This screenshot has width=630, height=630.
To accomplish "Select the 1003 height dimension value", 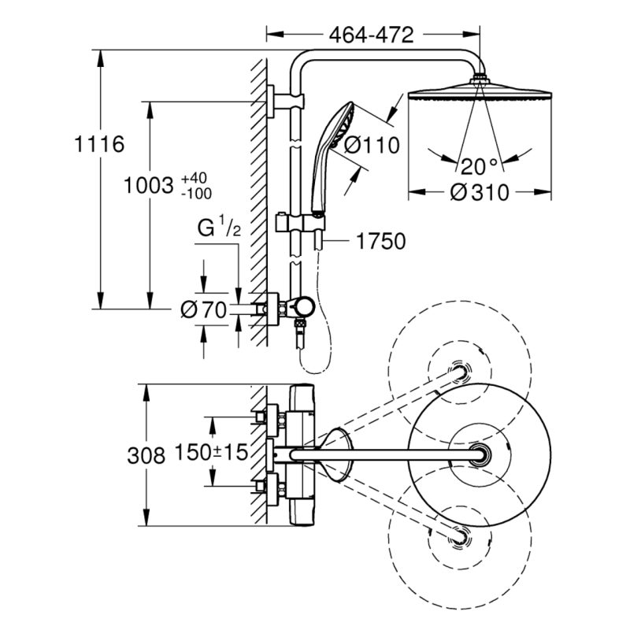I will click(x=150, y=186).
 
